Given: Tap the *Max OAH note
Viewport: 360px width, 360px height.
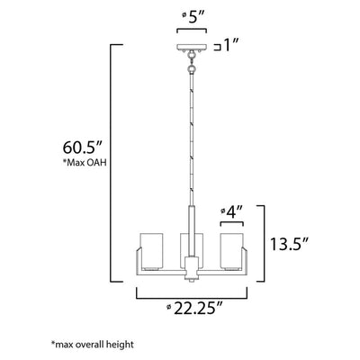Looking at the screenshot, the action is [x=85, y=163].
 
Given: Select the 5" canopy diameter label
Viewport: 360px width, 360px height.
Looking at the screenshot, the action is [x=193, y=18].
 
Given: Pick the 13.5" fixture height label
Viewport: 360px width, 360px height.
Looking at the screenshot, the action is [x=290, y=244].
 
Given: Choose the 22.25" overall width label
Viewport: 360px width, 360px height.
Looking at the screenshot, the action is [x=194, y=308].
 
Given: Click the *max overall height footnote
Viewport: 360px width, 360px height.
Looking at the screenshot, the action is [x=93, y=344].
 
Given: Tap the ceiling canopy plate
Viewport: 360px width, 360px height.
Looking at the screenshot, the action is [x=192, y=48].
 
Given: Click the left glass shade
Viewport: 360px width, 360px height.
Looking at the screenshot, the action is [x=151, y=250].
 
